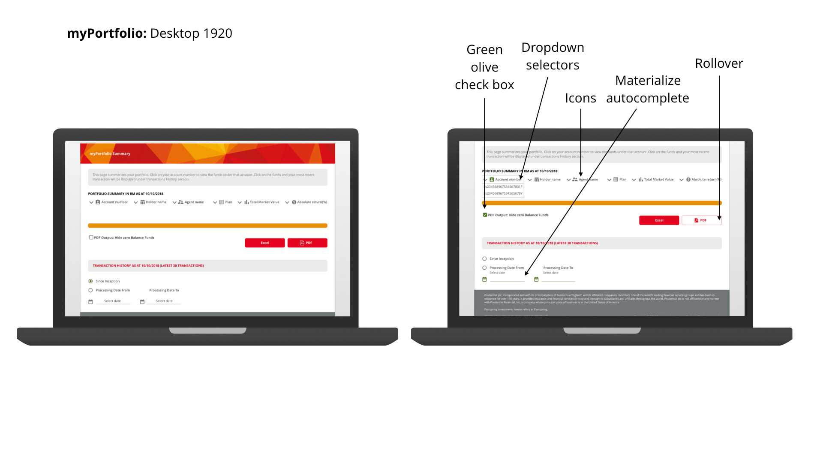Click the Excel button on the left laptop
(x=265, y=243)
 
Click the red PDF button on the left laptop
(x=307, y=243)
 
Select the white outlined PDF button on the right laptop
(x=701, y=220)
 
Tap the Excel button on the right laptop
(x=659, y=220)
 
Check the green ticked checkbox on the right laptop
(x=485, y=215)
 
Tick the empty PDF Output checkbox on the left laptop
(x=91, y=238)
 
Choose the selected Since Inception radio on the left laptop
(x=90, y=281)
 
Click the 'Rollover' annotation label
(x=719, y=63)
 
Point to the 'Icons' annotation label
(x=580, y=98)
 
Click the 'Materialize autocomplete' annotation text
(x=648, y=89)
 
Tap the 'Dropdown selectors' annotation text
(x=553, y=56)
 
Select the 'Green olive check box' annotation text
(x=484, y=67)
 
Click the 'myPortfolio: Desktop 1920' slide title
(x=150, y=33)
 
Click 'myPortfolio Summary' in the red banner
(x=110, y=153)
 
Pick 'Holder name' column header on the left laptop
(x=156, y=202)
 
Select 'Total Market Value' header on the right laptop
(x=658, y=180)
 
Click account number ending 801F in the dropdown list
(x=504, y=187)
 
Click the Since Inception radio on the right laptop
(x=484, y=259)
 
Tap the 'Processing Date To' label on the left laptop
(x=164, y=290)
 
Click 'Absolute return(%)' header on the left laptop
(x=312, y=202)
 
